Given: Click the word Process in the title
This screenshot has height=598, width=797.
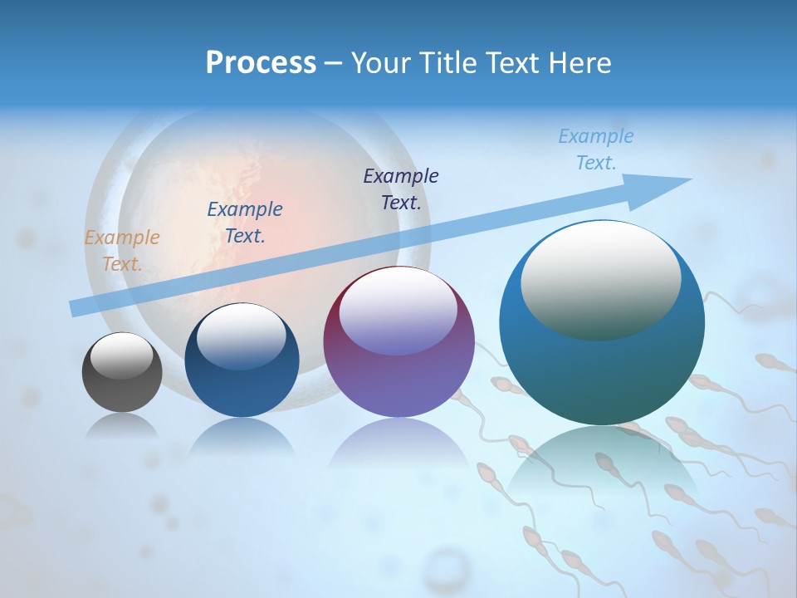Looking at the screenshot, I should click(x=261, y=63).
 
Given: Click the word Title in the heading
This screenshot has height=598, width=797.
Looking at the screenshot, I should click(x=446, y=63).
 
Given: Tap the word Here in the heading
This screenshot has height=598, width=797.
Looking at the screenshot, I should click(x=579, y=63).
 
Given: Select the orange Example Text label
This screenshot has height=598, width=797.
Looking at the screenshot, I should click(x=122, y=251).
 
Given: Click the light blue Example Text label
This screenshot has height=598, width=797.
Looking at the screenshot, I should click(x=596, y=149).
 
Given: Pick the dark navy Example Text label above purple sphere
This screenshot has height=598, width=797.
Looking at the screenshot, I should click(x=401, y=189).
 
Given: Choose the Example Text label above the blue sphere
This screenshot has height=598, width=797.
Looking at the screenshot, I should click(x=245, y=223).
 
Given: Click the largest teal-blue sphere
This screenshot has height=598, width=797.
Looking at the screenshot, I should click(x=602, y=365).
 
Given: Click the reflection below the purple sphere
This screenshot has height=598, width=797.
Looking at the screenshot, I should click(x=398, y=448).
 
